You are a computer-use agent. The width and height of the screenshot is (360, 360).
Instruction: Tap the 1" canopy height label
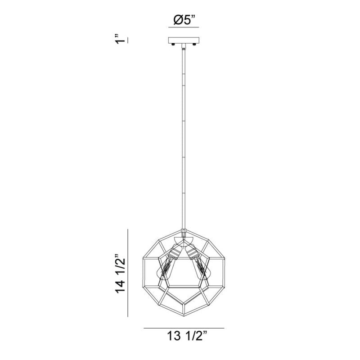coord(120,40)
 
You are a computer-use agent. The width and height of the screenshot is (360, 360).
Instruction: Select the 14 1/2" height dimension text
coord(121,273)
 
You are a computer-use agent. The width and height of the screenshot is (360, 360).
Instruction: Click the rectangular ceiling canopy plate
coord(184,40)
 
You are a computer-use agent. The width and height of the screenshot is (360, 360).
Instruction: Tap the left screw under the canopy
coord(173,44)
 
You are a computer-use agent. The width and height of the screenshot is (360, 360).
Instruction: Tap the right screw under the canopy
coord(194,44)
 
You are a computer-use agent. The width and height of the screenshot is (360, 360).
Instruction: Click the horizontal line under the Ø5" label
coord(184,27)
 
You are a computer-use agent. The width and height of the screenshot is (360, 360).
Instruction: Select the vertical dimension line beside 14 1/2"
coord(128,273)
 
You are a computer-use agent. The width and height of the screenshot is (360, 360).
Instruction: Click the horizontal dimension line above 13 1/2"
coord(184,328)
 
